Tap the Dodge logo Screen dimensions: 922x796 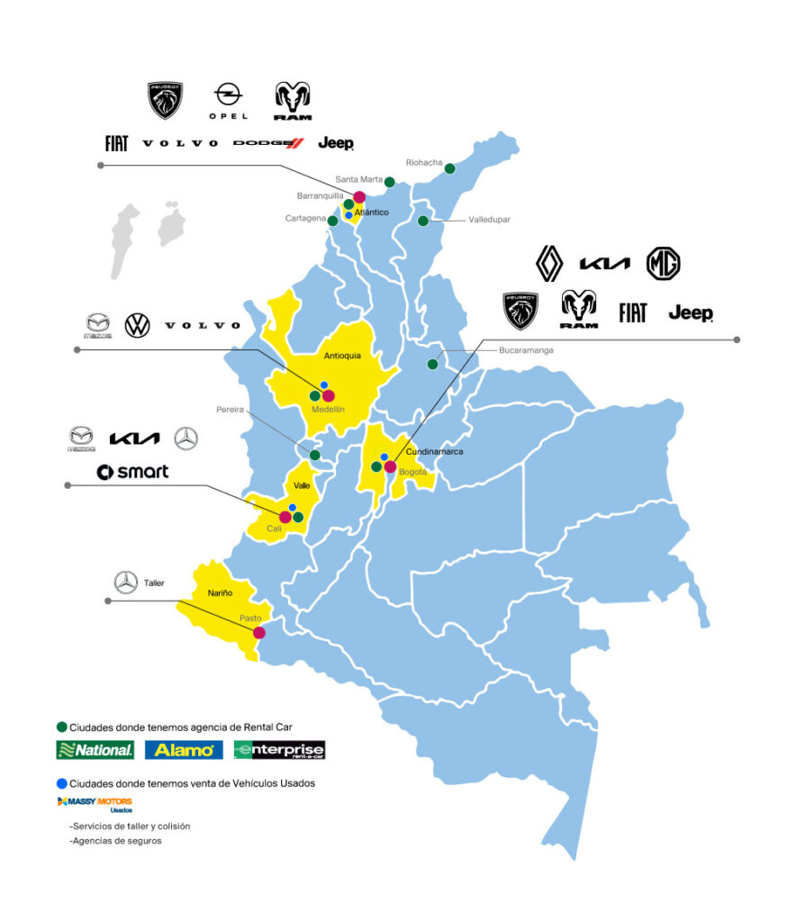[268, 142]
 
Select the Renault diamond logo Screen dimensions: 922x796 [549, 263]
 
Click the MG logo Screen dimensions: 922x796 [663, 263]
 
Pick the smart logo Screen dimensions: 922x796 [132, 472]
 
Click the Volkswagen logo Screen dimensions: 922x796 [137, 324]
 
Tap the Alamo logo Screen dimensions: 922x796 [183, 749]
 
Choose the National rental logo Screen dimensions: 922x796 [95, 749]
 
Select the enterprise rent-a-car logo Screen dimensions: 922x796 [279, 750]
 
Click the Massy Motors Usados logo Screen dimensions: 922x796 [95, 803]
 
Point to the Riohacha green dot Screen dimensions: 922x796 [450, 168]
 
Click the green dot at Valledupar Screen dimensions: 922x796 [422, 221]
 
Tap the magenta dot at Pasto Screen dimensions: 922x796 [259, 632]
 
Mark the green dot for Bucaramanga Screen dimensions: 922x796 [433, 365]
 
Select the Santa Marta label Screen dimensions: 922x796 [358, 179]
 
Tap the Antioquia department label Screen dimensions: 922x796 [341, 356]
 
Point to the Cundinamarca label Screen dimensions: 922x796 [434, 451]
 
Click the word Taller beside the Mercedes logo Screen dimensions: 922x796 [154, 583]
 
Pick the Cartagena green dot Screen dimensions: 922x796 [332, 221]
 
